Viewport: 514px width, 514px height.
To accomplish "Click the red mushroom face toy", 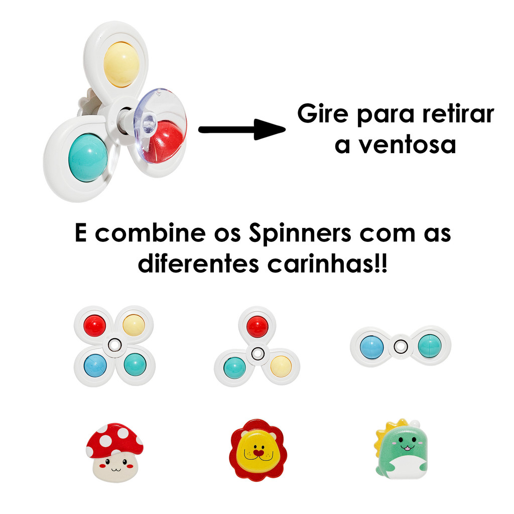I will click(x=114, y=452).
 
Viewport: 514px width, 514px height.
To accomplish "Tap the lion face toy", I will click(x=258, y=450).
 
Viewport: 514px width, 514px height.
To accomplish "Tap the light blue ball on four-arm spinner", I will click(x=94, y=364).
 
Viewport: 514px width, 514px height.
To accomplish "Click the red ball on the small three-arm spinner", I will click(x=257, y=327).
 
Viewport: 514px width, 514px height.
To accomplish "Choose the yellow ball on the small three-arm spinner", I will click(x=281, y=366).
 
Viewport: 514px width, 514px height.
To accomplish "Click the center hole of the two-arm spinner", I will click(x=400, y=346).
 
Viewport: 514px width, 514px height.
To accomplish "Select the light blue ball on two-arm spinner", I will click(x=372, y=346).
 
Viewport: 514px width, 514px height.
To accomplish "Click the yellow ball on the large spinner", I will click(x=121, y=64).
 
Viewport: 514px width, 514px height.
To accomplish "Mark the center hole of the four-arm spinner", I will click(x=114, y=344).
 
